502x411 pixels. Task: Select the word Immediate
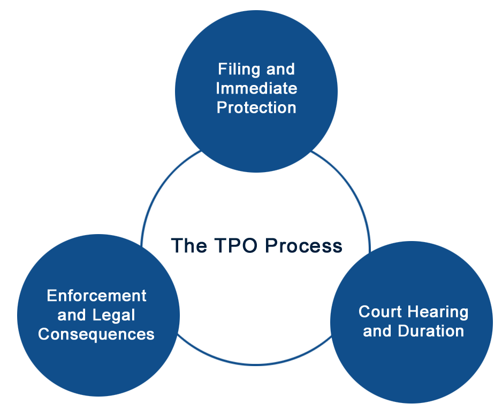click(x=256, y=88)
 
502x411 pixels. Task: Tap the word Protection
click(x=256, y=107)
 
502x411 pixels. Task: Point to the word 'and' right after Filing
click(x=280, y=69)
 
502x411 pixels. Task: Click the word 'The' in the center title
click(x=189, y=246)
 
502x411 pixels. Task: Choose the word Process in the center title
click(x=304, y=246)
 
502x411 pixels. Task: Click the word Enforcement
click(x=97, y=296)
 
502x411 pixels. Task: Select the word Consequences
click(x=96, y=335)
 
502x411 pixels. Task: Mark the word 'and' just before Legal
click(x=72, y=315)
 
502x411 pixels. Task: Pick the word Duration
click(x=431, y=331)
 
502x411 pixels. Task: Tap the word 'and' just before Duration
click(x=377, y=331)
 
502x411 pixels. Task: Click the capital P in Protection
click(x=222, y=107)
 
